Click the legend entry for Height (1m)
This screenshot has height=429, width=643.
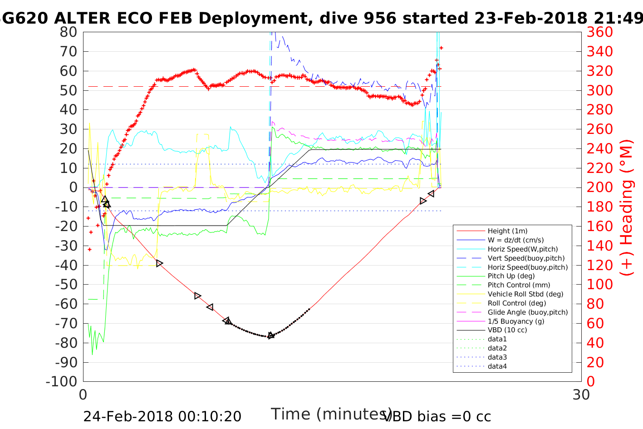[x=507, y=231]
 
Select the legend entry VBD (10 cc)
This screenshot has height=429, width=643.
[x=507, y=330]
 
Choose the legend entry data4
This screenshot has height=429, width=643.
[x=497, y=366]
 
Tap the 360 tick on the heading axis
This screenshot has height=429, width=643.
[x=599, y=32]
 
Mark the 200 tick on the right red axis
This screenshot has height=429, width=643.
[x=599, y=187]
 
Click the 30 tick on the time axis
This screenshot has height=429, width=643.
[x=581, y=394]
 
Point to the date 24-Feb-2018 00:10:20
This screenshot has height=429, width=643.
[x=162, y=416]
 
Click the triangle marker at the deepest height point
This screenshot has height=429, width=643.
[x=271, y=335]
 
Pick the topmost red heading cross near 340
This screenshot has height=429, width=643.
[x=441, y=48]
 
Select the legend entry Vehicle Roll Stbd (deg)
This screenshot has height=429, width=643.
[x=525, y=294]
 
